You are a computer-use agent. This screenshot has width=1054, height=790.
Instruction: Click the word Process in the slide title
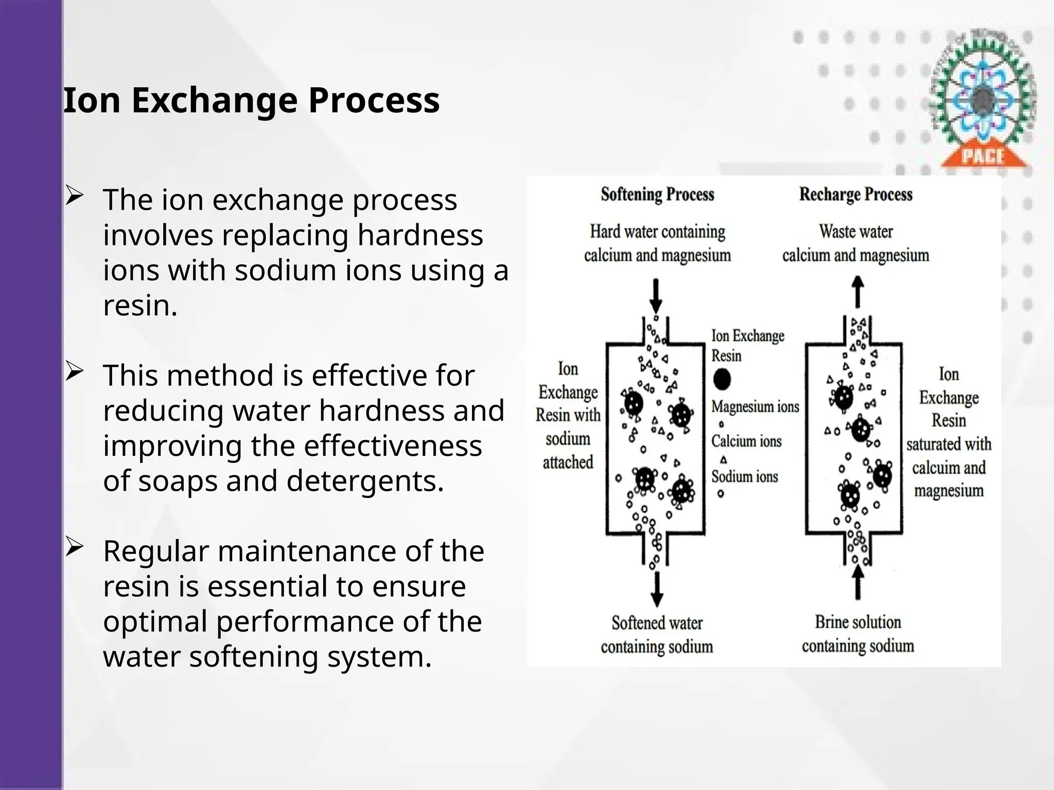coord(374,100)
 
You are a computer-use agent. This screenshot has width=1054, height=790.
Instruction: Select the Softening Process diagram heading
coord(657,194)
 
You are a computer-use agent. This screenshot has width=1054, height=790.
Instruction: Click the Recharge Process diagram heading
coord(855,194)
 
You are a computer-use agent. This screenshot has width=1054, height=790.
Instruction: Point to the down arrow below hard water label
coord(656,296)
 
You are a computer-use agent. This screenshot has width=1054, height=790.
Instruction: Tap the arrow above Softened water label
coord(657,589)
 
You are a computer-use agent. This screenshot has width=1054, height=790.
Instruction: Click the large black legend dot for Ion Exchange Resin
coord(722,380)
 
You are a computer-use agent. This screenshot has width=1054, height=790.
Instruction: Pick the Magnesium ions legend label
coord(755,407)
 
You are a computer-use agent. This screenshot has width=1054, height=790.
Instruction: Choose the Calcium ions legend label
coord(746,441)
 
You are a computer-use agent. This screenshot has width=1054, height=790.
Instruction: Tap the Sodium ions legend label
coord(745,477)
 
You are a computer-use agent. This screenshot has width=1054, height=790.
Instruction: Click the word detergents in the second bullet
coord(364,481)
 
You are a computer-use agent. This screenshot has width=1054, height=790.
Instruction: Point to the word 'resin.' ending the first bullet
coord(140,306)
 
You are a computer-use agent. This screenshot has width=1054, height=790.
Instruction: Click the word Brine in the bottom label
coord(832,622)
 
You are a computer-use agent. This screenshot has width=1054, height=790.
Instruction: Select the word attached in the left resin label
coord(568,462)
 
